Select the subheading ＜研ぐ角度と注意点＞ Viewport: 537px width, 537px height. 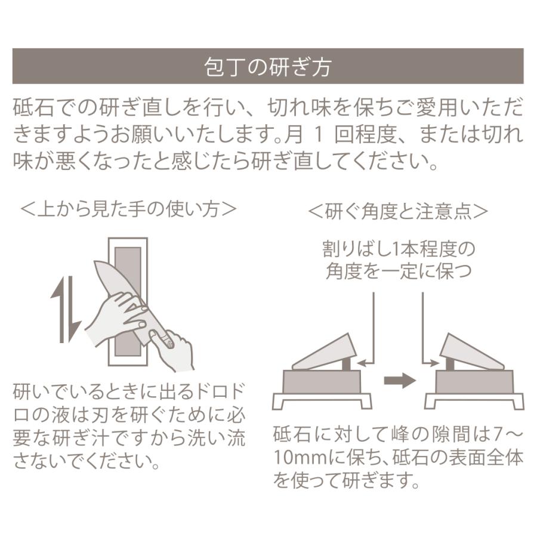[398, 211]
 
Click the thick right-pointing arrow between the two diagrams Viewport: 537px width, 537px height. [399, 380]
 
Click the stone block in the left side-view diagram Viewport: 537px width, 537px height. [322, 381]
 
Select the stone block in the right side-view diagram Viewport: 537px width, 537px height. [474, 381]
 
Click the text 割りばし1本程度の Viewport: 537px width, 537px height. [399, 247]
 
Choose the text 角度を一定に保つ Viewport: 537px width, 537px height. [399, 271]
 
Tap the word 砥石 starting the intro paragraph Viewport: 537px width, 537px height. [27, 110]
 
